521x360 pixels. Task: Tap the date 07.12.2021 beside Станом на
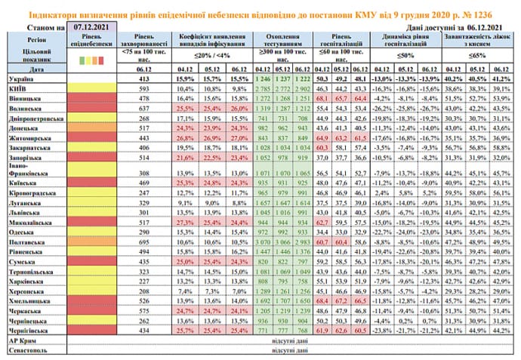(x=91, y=26)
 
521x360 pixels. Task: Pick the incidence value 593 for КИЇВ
(x=141, y=88)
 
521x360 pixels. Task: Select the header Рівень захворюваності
(x=141, y=42)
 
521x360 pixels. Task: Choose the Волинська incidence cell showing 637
(x=141, y=108)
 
